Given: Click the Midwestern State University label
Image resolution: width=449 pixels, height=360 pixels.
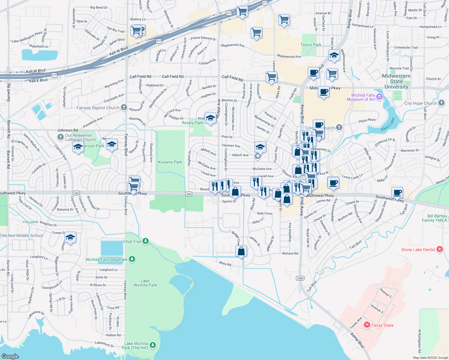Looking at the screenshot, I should click(396, 81).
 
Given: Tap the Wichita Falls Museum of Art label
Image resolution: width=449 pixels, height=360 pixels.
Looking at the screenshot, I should click(361, 97).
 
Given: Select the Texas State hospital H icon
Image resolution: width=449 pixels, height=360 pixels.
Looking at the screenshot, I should click(366, 325).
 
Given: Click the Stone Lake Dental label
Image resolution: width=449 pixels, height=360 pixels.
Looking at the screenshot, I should click(418, 250).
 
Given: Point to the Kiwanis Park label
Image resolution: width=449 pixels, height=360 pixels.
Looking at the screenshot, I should click(170, 162).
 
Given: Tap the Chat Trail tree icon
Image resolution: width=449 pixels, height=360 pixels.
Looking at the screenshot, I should click(146, 241).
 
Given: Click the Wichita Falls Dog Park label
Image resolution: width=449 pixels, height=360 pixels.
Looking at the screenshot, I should click(106, 259).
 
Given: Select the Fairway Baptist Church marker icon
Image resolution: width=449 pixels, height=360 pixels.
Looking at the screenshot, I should click(124, 107).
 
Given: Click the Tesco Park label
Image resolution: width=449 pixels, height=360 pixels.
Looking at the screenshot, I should click(311, 45).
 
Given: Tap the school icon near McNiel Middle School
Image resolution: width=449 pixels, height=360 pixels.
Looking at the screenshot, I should click(70, 238).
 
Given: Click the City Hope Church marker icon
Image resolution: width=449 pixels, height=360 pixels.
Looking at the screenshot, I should click(441, 103).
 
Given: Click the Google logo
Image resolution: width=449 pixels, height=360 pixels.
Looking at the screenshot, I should click(10, 356).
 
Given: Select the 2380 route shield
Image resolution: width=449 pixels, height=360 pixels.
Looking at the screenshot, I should click(300, 278).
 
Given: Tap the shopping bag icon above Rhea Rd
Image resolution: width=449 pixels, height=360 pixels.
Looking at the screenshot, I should click(241, 251).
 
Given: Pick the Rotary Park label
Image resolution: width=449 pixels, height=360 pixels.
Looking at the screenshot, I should click(192, 123).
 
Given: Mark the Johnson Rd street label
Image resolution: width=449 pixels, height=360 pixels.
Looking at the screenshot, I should click(68, 130).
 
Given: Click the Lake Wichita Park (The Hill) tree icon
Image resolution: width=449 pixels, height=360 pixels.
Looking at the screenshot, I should click(153, 345).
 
